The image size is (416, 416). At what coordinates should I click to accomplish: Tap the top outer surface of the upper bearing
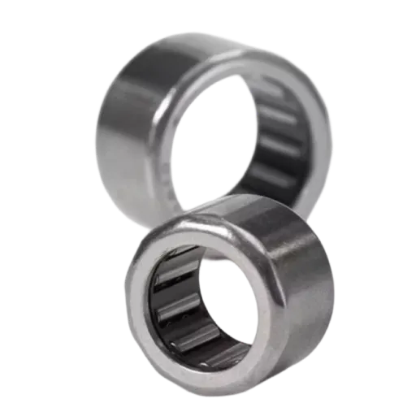pyautogui.click(x=203, y=45)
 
